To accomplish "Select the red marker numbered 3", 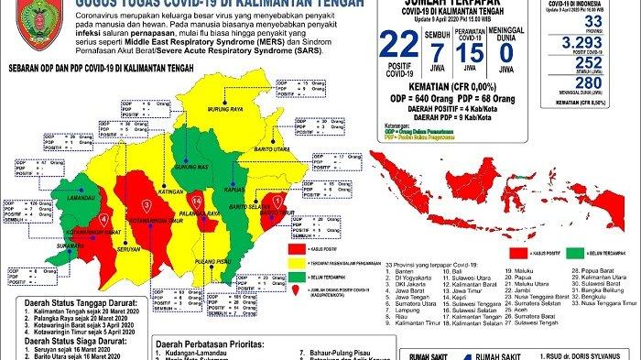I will [146, 204].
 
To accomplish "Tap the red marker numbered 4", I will [103, 220].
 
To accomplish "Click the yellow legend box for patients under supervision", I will [295, 259].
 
